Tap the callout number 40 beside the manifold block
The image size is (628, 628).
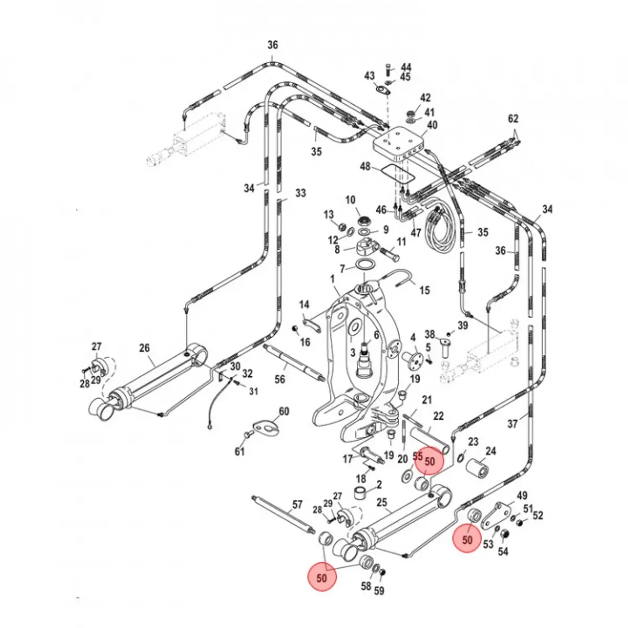point(432,125)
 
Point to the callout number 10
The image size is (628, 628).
point(350,200)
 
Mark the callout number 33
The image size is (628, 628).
point(300,194)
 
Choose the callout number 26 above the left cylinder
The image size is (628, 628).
point(144,347)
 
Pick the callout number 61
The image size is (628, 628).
point(239,451)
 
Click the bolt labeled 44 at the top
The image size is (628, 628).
point(388,67)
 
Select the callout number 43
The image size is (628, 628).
point(369,76)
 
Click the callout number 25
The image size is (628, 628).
point(382,503)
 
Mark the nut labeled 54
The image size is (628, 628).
point(505,535)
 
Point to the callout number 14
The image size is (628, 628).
point(304,305)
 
